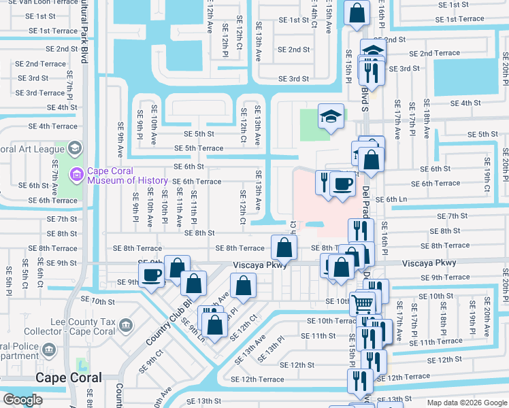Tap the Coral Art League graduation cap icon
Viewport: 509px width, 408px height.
74,148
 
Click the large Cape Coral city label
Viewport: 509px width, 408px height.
68,378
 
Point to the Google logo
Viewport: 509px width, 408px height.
22,400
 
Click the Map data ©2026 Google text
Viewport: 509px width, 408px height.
467,403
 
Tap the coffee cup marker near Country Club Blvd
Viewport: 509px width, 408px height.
150,275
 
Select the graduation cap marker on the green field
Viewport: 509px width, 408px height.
330,116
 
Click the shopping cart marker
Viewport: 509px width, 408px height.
363,303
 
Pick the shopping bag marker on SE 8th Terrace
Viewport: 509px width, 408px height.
284,247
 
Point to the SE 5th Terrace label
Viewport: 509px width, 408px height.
199,148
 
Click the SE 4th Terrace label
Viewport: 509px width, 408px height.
52,126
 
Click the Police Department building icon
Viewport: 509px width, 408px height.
48,350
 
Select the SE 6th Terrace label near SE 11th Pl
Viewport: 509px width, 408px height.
197,182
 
